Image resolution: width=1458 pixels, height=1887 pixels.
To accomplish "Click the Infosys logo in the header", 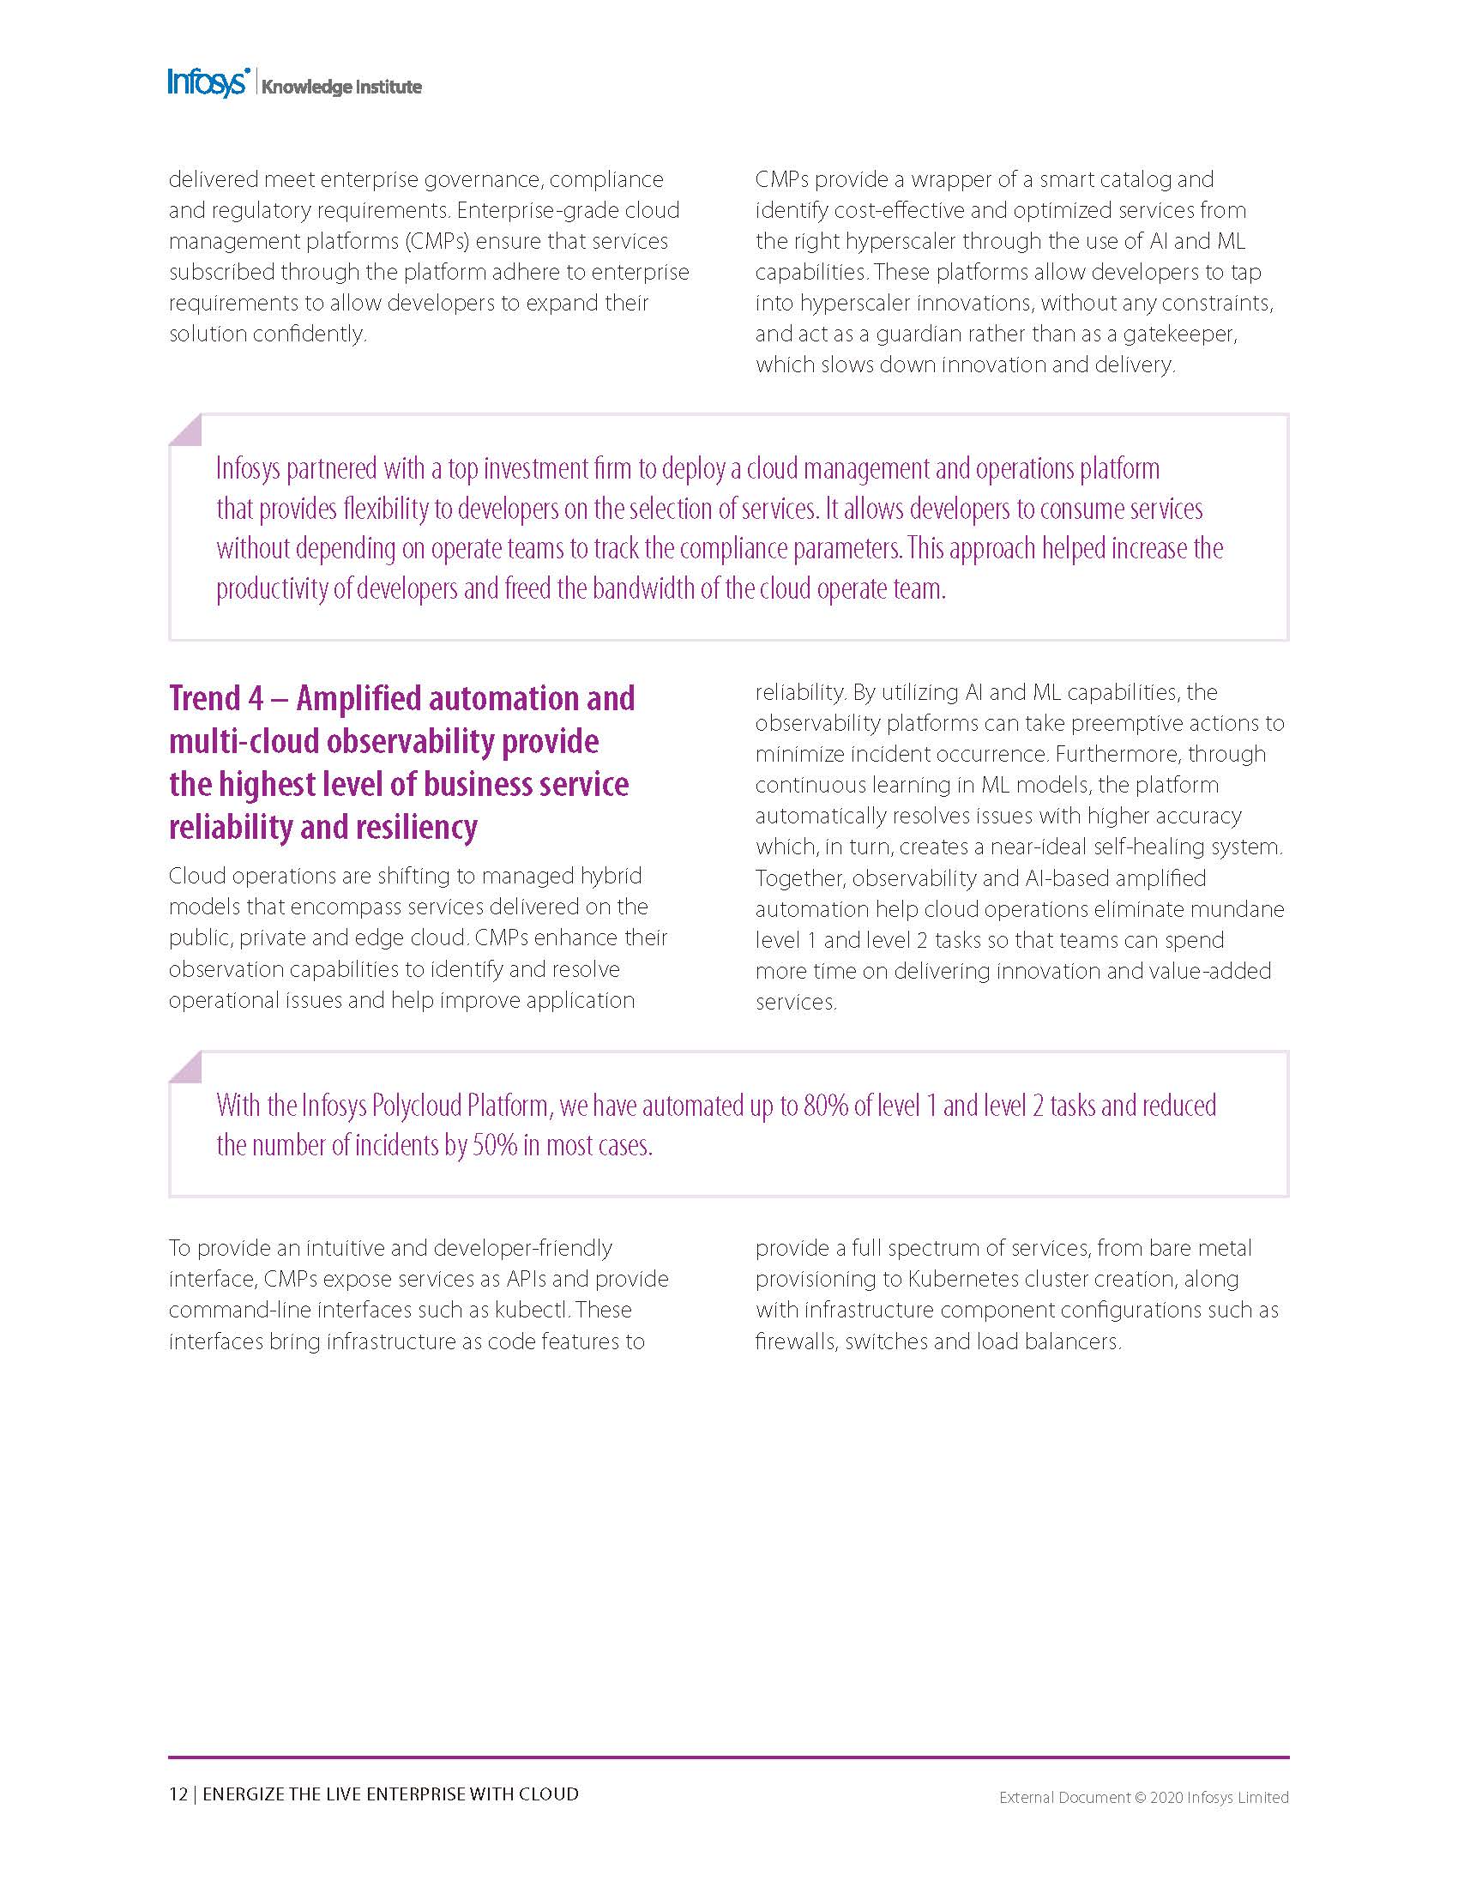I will [x=208, y=83].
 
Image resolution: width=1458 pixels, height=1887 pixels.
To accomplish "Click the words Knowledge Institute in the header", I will [x=341, y=87].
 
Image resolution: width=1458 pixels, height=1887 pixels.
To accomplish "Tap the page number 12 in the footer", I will [x=178, y=1794].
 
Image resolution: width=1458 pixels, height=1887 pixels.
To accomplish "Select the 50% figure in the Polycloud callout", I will [x=494, y=1146].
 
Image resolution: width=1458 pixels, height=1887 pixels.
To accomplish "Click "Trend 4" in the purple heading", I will [x=216, y=698].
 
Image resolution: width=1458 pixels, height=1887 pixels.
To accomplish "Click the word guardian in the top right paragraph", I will [x=919, y=334].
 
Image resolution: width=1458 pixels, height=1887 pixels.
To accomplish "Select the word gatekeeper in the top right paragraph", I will [x=1180, y=334].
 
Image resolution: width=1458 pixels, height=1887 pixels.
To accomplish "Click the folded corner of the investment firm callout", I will [x=186, y=430].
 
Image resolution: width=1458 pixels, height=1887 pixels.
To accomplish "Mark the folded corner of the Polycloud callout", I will [x=186, y=1067].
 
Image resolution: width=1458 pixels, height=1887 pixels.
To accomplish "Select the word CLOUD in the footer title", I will [x=548, y=1794].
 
